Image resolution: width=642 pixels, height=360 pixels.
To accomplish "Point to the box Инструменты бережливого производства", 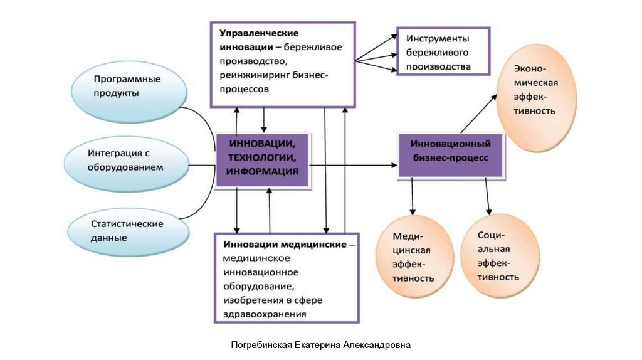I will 444,51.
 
